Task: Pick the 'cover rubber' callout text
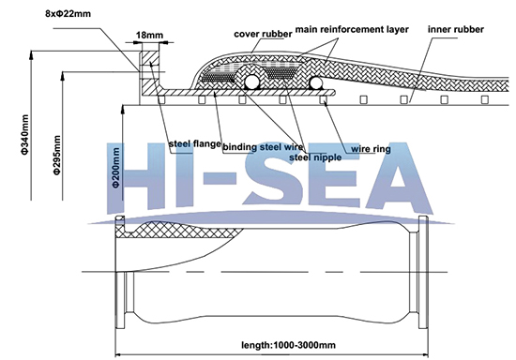click(x=262, y=34)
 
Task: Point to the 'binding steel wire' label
click(x=264, y=147)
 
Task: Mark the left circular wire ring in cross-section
click(x=250, y=83)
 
